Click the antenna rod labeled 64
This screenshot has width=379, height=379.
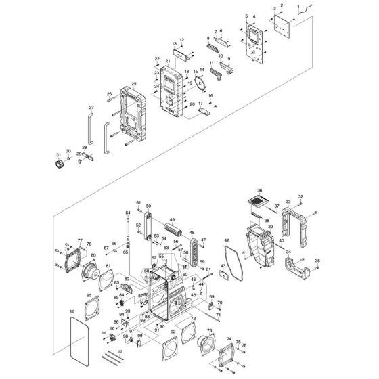click(127, 233)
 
